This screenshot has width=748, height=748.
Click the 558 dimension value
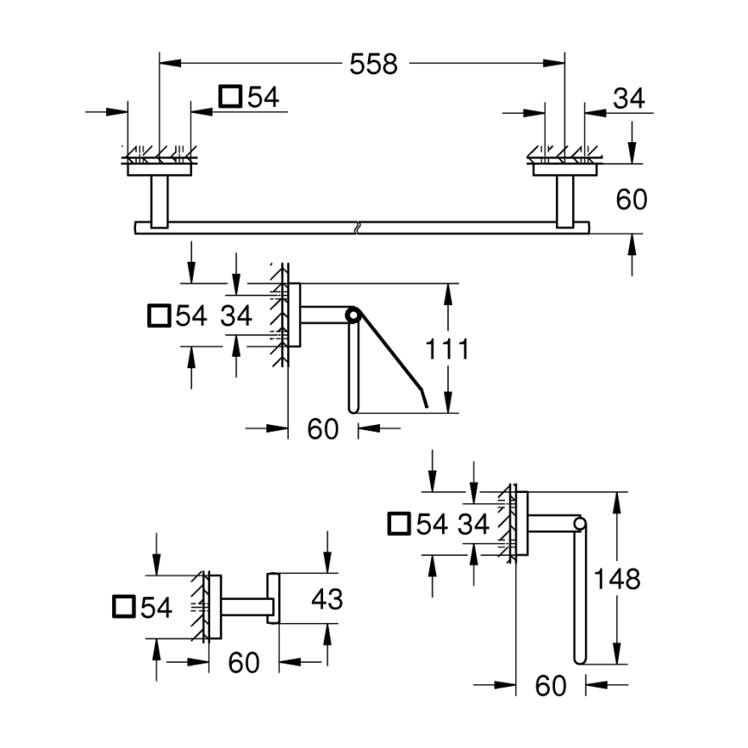click(373, 64)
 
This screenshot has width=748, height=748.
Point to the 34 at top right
click(628, 98)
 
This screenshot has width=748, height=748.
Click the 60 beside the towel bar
click(631, 200)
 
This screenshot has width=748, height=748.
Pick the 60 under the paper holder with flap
click(323, 427)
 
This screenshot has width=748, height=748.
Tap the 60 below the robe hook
click(244, 663)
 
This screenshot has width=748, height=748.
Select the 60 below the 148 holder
click(551, 686)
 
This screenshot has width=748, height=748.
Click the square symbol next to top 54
click(231, 97)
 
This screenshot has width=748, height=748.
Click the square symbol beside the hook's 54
click(125, 607)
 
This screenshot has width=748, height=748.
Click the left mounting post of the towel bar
click(159, 202)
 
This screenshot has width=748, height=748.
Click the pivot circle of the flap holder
click(351, 315)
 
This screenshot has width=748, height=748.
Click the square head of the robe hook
click(274, 596)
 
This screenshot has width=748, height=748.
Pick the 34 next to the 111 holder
click(235, 315)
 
